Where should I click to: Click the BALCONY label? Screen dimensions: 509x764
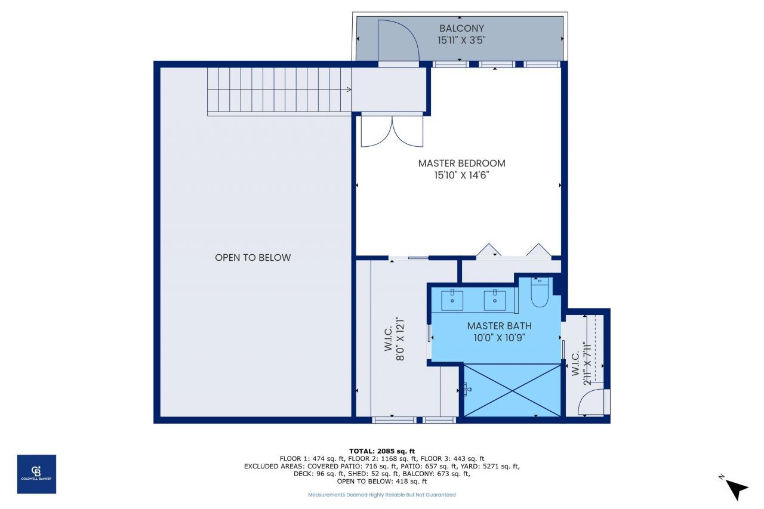[461, 28]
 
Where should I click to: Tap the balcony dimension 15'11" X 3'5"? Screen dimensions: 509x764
[461, 41]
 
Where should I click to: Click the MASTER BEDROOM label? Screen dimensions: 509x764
[461, 163]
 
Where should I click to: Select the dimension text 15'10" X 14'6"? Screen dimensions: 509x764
[461, 175]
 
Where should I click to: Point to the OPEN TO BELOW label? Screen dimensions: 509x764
[253, 258]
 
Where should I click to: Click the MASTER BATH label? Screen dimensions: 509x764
[499, 326]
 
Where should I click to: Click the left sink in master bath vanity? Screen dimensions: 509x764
[452, 299]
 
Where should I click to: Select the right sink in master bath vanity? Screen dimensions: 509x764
[495, 299]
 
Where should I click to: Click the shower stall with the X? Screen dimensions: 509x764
[513, 390]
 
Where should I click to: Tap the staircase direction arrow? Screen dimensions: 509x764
[349, 90]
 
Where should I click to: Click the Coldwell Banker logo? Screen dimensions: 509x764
[36, 474]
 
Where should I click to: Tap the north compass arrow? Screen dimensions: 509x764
[737, 489]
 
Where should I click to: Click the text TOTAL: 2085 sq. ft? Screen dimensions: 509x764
[382, 451]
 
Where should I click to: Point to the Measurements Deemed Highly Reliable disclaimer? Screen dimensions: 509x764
[382, 495]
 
